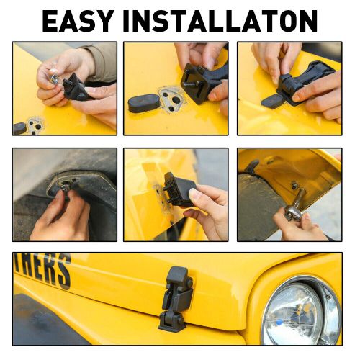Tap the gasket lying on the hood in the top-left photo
(34, 123)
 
